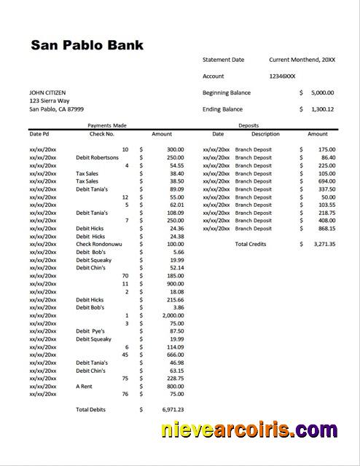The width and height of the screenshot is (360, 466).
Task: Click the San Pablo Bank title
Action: coord(87,45)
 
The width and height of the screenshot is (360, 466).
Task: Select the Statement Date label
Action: coord(224,60)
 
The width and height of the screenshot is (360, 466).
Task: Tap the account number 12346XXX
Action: coord(282,76)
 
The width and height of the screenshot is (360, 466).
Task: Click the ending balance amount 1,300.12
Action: coord(321,109)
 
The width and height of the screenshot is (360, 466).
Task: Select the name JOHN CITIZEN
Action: coord(47,92)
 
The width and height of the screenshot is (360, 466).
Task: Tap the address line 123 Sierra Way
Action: coord(50,100)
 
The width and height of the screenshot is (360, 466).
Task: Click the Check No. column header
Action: coord(102,134)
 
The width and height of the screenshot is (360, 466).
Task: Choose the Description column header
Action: coord(265,134)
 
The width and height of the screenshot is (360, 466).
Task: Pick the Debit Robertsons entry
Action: coord(97,157)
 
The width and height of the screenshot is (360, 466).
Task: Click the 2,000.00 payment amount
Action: coord(171,315)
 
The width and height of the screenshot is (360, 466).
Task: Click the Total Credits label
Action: coord(250,244)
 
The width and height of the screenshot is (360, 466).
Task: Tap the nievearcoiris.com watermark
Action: coord(259,431)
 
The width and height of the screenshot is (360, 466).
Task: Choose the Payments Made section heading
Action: coord(106,125)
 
